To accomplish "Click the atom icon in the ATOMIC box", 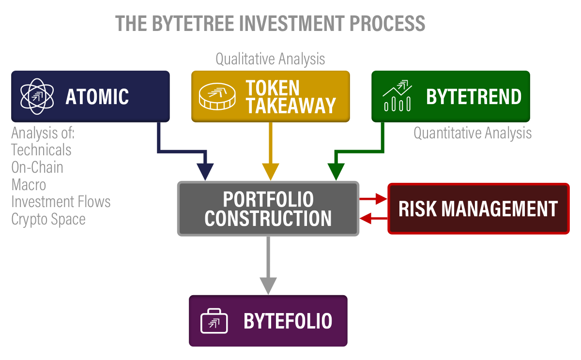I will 37,96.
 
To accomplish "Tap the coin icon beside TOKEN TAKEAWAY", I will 217,97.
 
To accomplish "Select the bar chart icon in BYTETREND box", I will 398,96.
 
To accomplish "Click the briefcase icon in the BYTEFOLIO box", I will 214,321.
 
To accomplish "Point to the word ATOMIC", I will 97,97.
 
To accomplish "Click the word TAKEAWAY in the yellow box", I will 291,105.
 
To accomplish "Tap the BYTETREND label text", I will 474,97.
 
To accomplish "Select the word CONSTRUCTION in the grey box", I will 268,218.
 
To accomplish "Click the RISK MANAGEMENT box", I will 478,209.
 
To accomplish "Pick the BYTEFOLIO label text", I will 288,321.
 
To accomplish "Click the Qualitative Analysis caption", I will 270,59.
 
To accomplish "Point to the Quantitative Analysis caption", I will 473,133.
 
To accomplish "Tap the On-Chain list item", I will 37,167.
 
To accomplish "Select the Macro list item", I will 29,185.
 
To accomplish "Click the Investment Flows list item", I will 61,202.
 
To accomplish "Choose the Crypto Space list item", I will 48,219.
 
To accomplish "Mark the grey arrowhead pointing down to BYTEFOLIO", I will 268,285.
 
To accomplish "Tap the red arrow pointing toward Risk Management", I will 380,198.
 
